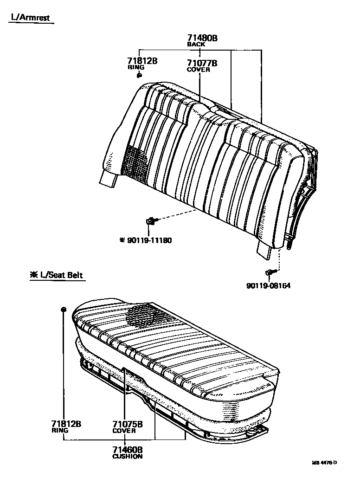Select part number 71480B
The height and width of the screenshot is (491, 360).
[x=202, y=39]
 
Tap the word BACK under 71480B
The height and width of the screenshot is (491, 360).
[x=196, y=45]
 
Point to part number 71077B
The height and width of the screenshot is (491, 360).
[x=202, y=63]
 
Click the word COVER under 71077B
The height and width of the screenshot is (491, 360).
[x=198, y=70]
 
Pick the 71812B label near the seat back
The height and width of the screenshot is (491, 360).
[x=142, y=61]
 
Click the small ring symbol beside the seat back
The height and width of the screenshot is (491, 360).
[x=140, y=75]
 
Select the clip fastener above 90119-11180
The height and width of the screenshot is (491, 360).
[x=151, y=221]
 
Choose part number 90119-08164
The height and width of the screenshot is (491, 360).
[x=269, y=286]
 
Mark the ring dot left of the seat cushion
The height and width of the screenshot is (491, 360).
[x=64, y=309]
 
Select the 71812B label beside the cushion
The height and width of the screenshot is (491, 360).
[x=66, y=424]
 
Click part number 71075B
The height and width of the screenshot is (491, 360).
[x=127, y=424]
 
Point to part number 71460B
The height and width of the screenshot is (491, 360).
[x=127, y=449]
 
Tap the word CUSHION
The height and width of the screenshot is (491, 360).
[x=127, y=456]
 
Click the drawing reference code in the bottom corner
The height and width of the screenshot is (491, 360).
[x=324, y=462]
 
